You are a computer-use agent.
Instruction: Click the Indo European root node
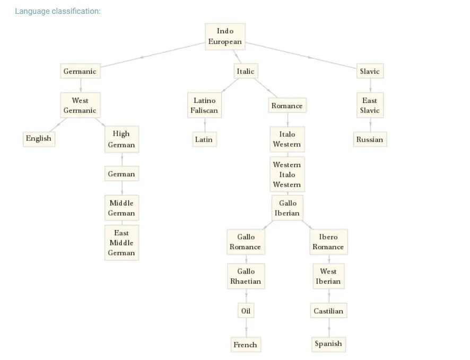[x=225, y=37]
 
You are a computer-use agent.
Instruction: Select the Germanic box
[x=80, y=71]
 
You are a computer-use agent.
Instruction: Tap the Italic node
[x=246, y=71]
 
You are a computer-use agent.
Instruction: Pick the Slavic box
[x=370, y=71]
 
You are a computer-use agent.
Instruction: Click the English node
[x=39, y=139]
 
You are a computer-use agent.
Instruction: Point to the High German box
[x=121, y=139]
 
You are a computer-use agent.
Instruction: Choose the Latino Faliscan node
[x=204, y=105]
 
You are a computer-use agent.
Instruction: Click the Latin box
[x=204, y=139]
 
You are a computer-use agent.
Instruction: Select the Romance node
[x=287, y=106]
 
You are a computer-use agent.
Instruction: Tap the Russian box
[x=370, y=139]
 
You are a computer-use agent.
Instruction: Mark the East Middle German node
[x=121, y=243]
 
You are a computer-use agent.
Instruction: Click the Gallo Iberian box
[x=288, y=208]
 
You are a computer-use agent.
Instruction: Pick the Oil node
[x=246, y=311]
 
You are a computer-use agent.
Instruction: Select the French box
[x=246, y=345]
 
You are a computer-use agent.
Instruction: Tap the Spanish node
[x=328, y=344]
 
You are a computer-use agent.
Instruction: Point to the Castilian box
[x=328, y=311]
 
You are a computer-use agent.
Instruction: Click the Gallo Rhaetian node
[x=246, y=276]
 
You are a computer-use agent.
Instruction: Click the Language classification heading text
[x=57, y=11]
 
